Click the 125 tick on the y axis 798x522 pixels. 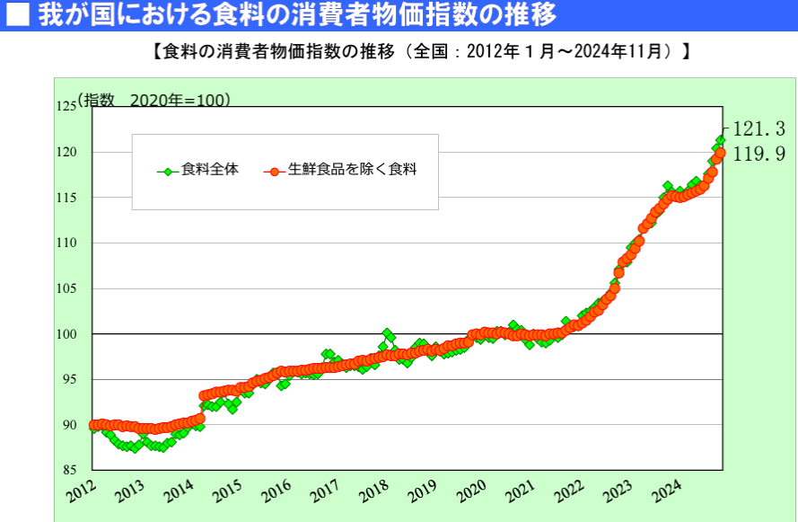67,106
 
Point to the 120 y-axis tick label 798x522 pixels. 67,152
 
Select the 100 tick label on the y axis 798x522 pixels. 67,334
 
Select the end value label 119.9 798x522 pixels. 759,155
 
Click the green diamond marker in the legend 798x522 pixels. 167,170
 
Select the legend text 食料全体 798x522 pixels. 210,169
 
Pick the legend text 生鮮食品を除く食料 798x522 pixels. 352,169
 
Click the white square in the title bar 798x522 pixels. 17,13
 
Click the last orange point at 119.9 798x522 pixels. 720,154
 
